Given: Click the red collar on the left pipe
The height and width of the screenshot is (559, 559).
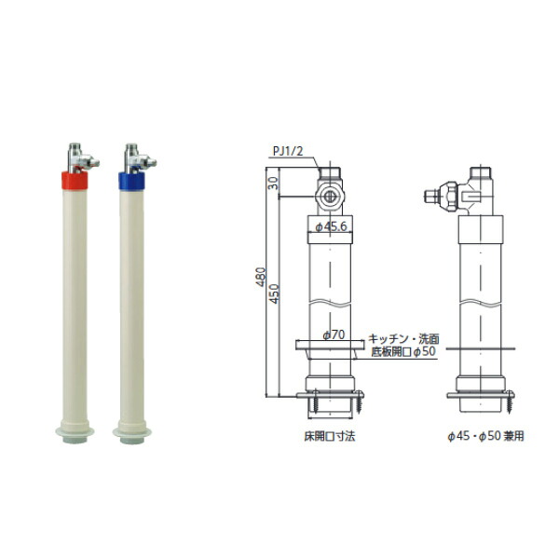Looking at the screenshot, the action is (x=75, y=181).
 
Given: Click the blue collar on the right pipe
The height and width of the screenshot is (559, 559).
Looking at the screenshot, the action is (x=131, y=181).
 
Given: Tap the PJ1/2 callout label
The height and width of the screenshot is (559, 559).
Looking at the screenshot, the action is (x=288, y=151).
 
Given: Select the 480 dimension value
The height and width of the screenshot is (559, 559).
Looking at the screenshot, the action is (x=261, y=277).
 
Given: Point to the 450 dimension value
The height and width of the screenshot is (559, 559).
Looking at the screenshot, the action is (x=274, y=293).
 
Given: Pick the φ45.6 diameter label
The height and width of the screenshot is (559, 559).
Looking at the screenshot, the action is (x=331, y=226).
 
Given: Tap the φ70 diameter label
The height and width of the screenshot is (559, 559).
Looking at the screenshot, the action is (x=334, y=334).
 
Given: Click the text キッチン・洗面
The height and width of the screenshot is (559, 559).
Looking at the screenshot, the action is (x=403, y=338).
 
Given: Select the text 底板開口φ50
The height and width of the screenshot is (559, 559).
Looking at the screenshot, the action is (x=403, y=351).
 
